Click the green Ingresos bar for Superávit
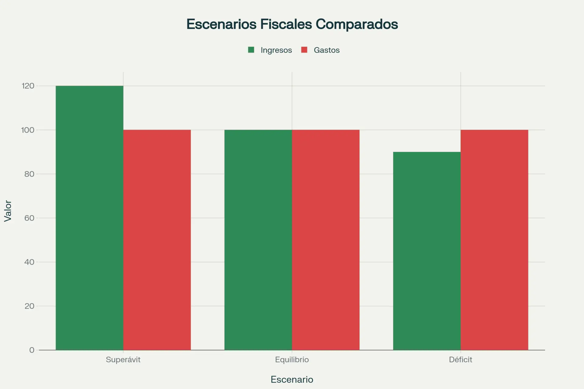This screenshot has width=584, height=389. tap(89, 218)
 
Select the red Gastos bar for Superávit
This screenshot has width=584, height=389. tap(157, 240)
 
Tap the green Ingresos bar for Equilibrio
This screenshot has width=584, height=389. tap(258, 240)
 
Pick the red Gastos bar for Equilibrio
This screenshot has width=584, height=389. tap(326, 240)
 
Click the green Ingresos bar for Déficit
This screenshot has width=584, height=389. tap(427, 251)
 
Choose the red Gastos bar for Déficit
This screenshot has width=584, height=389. tap(494, 240)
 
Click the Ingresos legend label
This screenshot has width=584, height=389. tap(276, 50)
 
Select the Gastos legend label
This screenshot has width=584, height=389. tap(327, 50)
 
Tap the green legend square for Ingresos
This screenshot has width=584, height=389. tap(251, 50)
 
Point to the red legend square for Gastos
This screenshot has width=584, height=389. tap(304, 50)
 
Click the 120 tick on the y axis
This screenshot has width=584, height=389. tap(28, 86)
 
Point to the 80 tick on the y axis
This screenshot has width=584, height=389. tap(29, 174)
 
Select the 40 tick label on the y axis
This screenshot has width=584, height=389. tap(29, 262)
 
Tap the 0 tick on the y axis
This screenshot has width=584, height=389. tap(32, 350)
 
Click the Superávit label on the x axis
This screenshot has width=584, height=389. tap(123, 360)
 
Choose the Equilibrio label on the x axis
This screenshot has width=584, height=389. tap(292, 360)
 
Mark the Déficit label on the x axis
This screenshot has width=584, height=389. tap(461, 360)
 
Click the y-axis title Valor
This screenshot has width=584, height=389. tap(8, 211)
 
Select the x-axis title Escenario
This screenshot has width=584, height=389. tap(292, 380)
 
